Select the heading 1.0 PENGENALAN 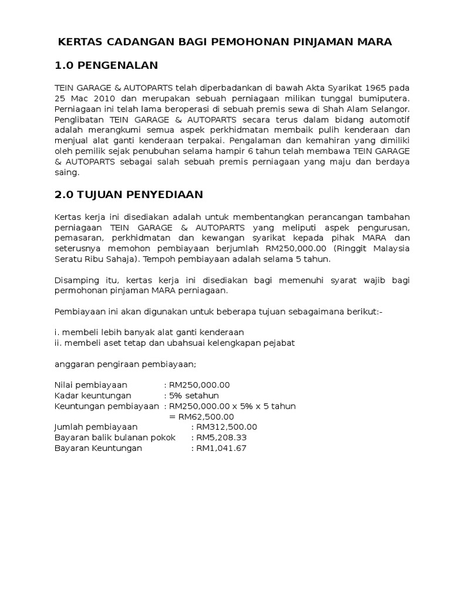click(x=106, y=65)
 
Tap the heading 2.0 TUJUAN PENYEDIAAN click(x=129, y=195)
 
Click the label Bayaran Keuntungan click(x=98, y=449)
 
